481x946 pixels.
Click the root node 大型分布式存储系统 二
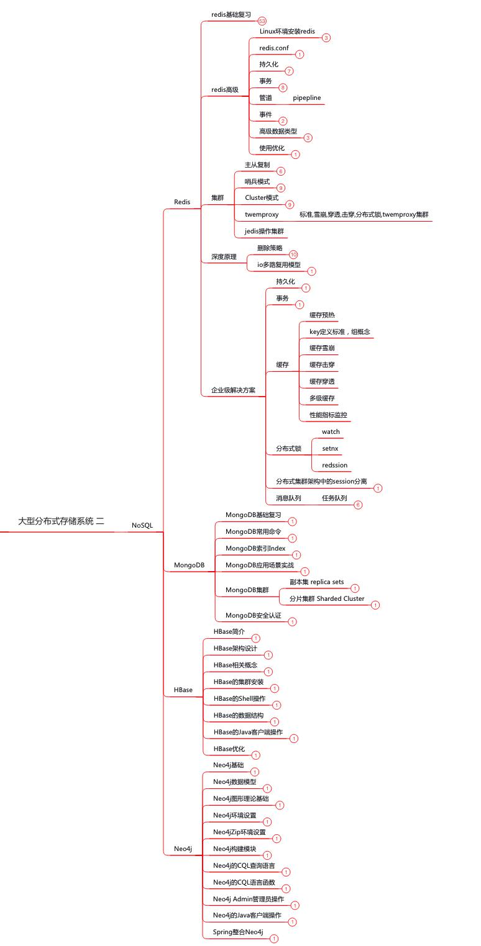coord(61,521)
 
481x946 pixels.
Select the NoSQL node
coord(142,525)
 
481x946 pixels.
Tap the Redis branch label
coord(182,202)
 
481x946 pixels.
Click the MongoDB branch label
coord(189,565)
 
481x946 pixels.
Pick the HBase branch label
coord(183,690)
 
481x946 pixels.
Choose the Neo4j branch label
coord(183,849)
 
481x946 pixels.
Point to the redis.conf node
coord(273,48)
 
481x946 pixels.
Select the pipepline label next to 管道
coord(307,98)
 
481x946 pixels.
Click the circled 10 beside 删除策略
coord(293,255)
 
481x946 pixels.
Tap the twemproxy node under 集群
coord(262,214)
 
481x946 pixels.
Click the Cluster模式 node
coord(262,197)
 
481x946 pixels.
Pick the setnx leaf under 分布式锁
coord(330,448)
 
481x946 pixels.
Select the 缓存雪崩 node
coord(322,348)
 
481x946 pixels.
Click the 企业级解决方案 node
coord(233,390)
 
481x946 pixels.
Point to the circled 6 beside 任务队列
coord(358,505)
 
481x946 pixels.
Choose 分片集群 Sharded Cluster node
coord(327,599)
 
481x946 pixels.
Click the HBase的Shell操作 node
coord(239,698)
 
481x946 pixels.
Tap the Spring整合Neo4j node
coord(238,932)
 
